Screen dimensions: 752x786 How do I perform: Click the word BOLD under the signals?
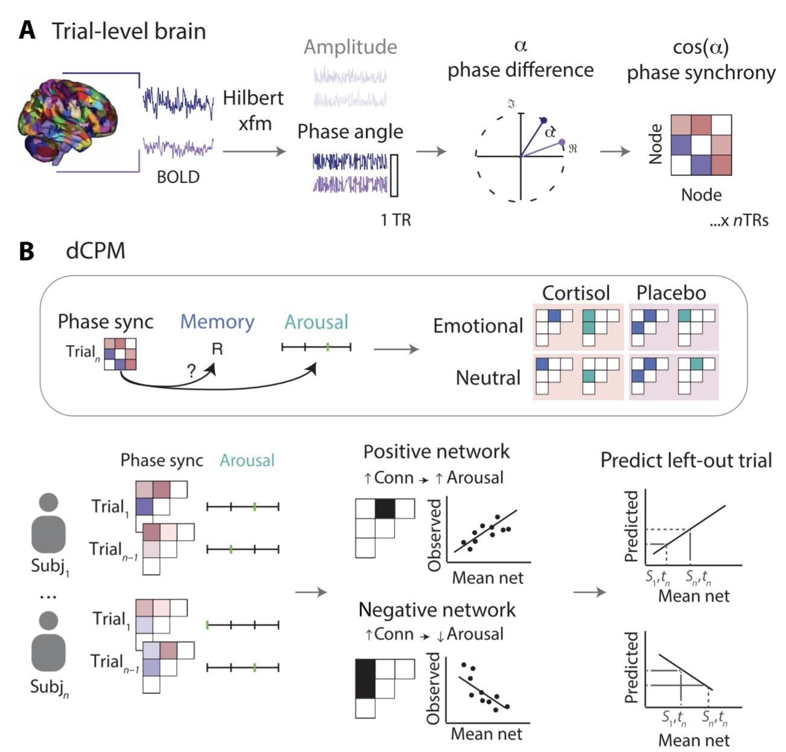[178, 177]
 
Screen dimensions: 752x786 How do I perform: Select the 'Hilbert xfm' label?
[253, 110]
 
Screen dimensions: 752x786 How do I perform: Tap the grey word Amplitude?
[350, 47]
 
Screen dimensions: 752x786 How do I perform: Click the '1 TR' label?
[396, 220]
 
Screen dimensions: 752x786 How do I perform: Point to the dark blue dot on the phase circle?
[543, 121]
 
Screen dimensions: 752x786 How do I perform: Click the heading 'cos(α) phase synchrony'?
[701, 60]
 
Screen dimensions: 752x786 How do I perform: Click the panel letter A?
[27, 31]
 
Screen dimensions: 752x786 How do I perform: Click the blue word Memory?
[217, 322]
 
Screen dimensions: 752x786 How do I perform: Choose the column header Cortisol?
[576, 293]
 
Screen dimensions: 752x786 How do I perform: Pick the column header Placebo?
[671, 293]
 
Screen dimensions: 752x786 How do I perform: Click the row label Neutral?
[488, 378]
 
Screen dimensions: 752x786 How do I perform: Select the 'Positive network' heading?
[436, 451]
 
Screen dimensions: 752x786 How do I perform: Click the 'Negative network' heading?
[437, 610]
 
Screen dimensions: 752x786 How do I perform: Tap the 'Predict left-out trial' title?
[686, 460]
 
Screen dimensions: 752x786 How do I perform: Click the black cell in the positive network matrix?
[384, 509]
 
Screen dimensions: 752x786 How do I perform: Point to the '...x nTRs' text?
[738, 220]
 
